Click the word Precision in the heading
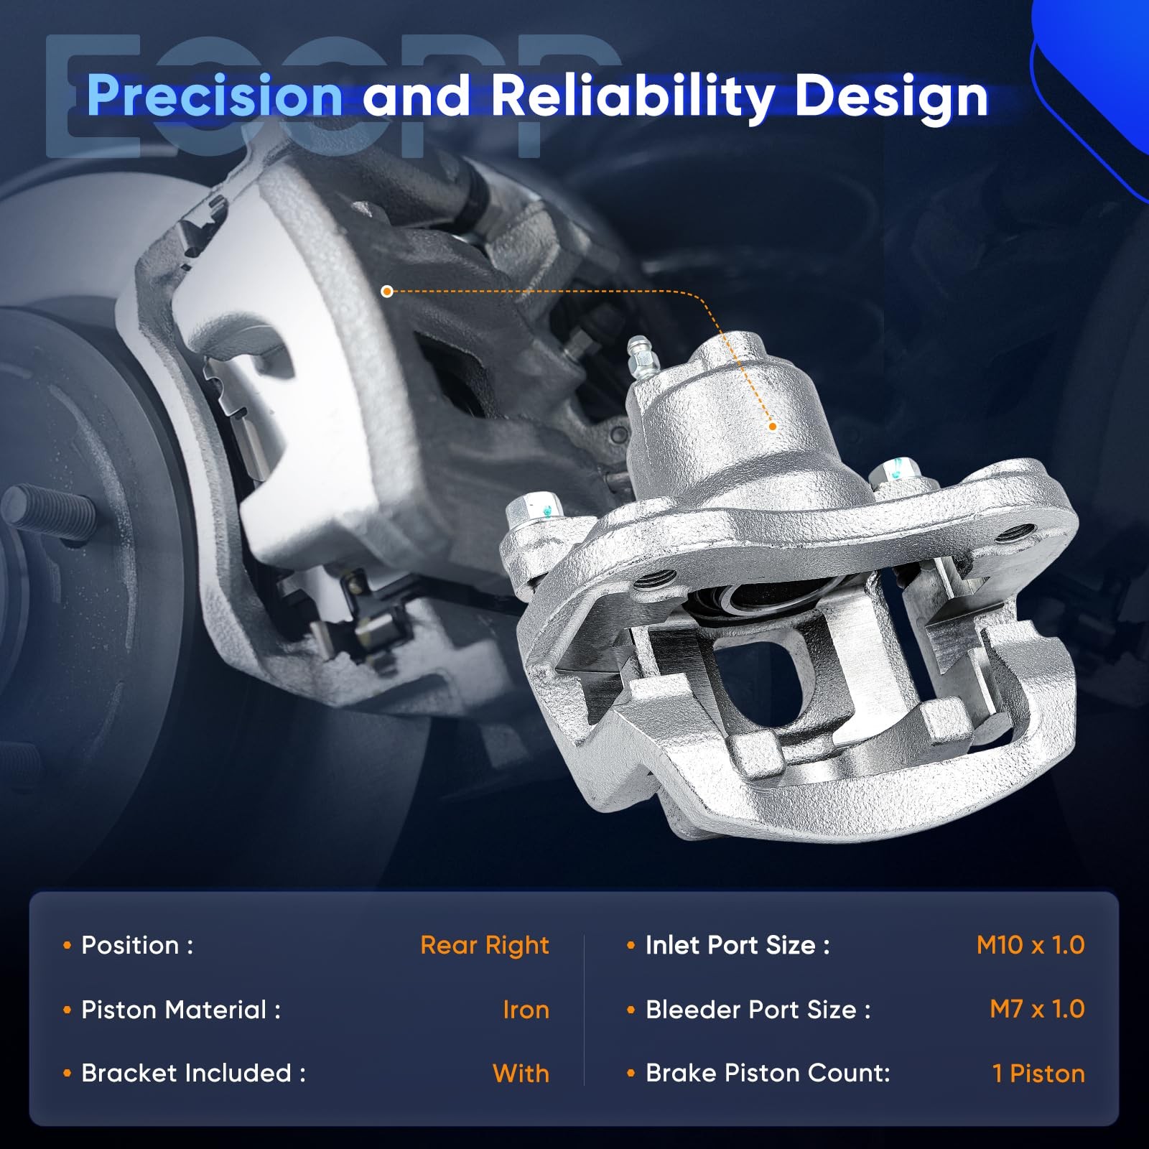coord(215,96)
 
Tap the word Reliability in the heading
coord(633,97)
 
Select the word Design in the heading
coord(892,97)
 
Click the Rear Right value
coord(485,946)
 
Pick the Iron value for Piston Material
coord(526,1010)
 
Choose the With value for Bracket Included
coord(521,1074)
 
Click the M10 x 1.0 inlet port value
coord(1031,945)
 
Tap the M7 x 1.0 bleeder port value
coord(1037,1009)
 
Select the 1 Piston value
coord(1038,1074)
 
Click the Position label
coord(137,945)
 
